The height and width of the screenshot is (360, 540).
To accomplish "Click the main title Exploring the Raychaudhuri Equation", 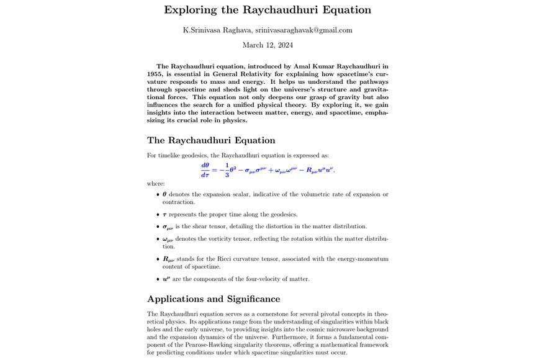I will [x=268, y=10].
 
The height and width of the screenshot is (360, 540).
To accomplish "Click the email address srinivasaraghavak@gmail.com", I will [x=304, y=30].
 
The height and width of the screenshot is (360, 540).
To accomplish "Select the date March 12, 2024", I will [x=268, y=45].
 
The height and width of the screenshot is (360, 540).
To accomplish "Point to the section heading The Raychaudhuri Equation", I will [x=211, y=140].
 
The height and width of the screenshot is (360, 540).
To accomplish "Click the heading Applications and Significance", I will [x=214, y=299].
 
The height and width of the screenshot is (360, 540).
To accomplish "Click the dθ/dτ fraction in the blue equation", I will [x=205, y=169].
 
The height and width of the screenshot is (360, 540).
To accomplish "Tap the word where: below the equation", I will [x=156, y=184].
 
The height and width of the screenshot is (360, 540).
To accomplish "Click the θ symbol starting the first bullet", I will [x=164, y=194].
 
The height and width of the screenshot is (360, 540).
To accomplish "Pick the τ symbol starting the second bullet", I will [x=164, y=214].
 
